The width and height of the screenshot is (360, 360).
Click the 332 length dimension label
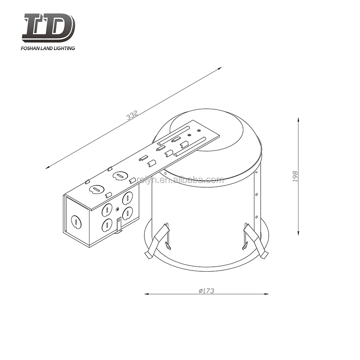pyautogui.click(x=131, y=115)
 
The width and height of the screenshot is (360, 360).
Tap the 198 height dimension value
pyautogui.click(x=296, y=176)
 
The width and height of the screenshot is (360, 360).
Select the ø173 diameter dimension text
pyautogui.click(x=207, y=291)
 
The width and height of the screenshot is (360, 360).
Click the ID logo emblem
pyautogui.click(x=49, y=27)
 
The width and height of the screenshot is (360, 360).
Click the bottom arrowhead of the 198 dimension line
pyautogui.click(x=299, y=233)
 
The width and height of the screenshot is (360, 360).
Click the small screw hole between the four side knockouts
pyautogui.click(x=118, y=209)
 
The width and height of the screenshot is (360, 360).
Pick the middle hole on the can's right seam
pyautogui.click(x=257, y=194)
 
